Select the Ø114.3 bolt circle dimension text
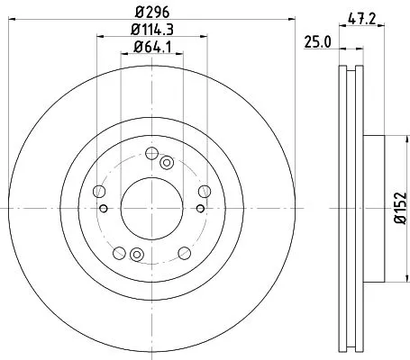151,32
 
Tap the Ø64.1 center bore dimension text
151,49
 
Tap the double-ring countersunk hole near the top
167,163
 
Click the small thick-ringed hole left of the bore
106,210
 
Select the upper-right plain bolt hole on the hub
203,190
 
